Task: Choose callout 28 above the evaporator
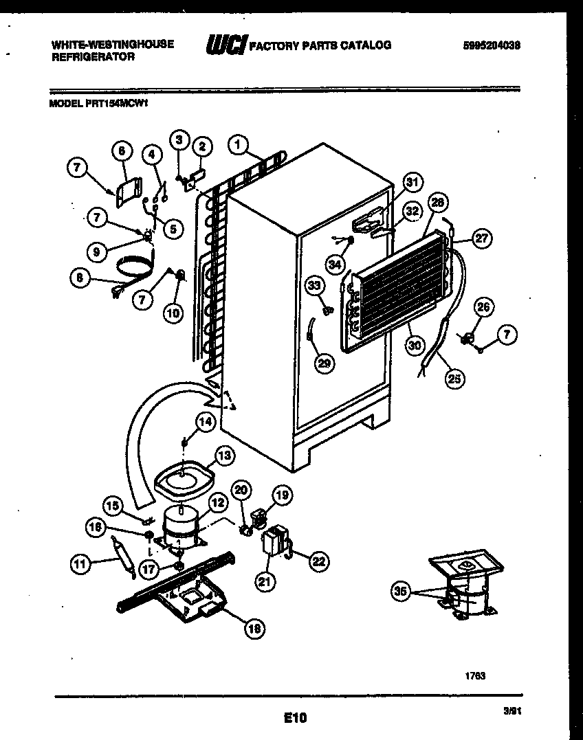[437, 203]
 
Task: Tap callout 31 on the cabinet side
[411, 182]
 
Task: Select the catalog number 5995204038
[491, 45]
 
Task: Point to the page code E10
[295, 719]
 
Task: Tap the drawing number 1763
[476, 676]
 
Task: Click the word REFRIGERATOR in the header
[93, 58]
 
